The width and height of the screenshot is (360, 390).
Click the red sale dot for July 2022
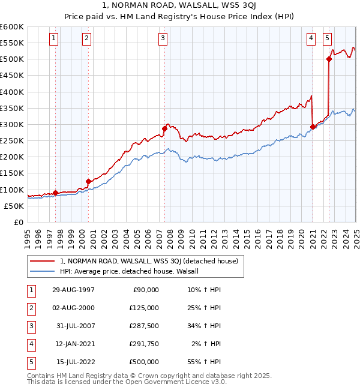point(329,59)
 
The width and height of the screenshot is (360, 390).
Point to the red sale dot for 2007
point(164,128)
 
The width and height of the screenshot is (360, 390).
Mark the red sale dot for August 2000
point(88,181)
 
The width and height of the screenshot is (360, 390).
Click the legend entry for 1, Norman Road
point(149,261)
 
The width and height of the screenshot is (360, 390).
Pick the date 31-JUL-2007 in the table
point(73,326)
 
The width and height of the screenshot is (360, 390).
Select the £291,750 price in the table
point(144,344)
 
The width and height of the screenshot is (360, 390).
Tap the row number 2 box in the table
point(30,308)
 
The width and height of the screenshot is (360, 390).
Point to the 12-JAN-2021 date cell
point(73,344)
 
